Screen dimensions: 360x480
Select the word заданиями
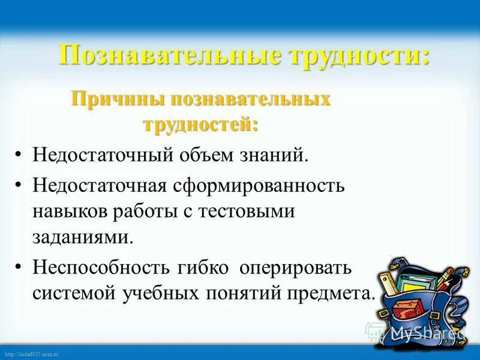tap(81, 236)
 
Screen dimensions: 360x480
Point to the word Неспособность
tap(97, 266)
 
